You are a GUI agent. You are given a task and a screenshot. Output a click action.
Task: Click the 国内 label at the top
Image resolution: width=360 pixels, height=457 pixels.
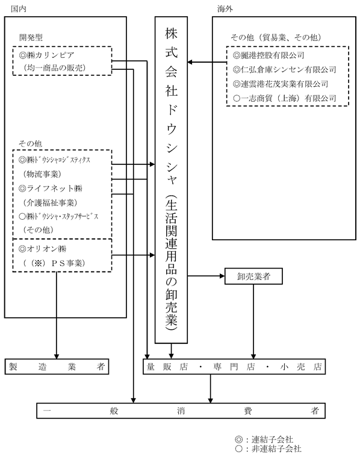tap(19, 9)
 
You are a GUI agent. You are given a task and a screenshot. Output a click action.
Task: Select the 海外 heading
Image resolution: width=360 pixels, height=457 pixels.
tap(225, 9)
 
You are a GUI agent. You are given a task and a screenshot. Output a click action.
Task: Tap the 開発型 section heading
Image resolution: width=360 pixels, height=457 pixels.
tap(31, 37)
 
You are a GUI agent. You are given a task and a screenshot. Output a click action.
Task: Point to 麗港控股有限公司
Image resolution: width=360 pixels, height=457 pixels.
tap(272, 55)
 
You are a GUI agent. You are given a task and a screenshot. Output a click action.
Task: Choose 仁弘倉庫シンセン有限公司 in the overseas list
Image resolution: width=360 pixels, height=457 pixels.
tap(288, 69)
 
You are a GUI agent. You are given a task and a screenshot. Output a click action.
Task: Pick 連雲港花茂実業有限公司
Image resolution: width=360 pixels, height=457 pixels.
tap(284, 84)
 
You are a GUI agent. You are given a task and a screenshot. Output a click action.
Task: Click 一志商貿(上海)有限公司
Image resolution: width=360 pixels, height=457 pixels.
tap(288, 98)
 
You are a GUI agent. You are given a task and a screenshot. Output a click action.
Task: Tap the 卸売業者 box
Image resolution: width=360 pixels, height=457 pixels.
tap(253, 276)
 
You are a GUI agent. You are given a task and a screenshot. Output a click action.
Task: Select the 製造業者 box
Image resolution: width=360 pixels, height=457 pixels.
tap(57, 366)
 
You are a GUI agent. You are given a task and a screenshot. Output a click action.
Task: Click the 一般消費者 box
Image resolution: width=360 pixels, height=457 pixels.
tap(181, 411)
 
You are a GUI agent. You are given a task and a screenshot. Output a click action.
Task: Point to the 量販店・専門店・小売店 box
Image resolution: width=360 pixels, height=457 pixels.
tap(234, 366)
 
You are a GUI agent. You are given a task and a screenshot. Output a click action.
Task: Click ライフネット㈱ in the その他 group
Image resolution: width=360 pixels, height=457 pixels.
tap(54, 188)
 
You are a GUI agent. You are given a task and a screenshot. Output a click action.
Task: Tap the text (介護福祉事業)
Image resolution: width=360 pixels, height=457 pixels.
tap(50, 202)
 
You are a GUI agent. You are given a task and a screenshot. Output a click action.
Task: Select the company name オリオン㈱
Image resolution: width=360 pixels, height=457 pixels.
tap(46, 249)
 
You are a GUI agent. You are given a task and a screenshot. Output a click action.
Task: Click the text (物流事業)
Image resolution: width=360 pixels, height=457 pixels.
tap(42, 174)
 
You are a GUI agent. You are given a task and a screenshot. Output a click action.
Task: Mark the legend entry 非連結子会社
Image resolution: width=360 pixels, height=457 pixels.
tap(276, 449)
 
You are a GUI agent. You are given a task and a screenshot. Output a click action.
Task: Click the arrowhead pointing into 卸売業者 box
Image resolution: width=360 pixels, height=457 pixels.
tap(222, 276)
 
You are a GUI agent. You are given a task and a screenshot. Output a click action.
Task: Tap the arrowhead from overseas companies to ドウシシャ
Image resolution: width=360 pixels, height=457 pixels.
tap(190, 62)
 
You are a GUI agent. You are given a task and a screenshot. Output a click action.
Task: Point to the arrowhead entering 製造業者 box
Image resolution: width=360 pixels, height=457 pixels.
tap(57, 356)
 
